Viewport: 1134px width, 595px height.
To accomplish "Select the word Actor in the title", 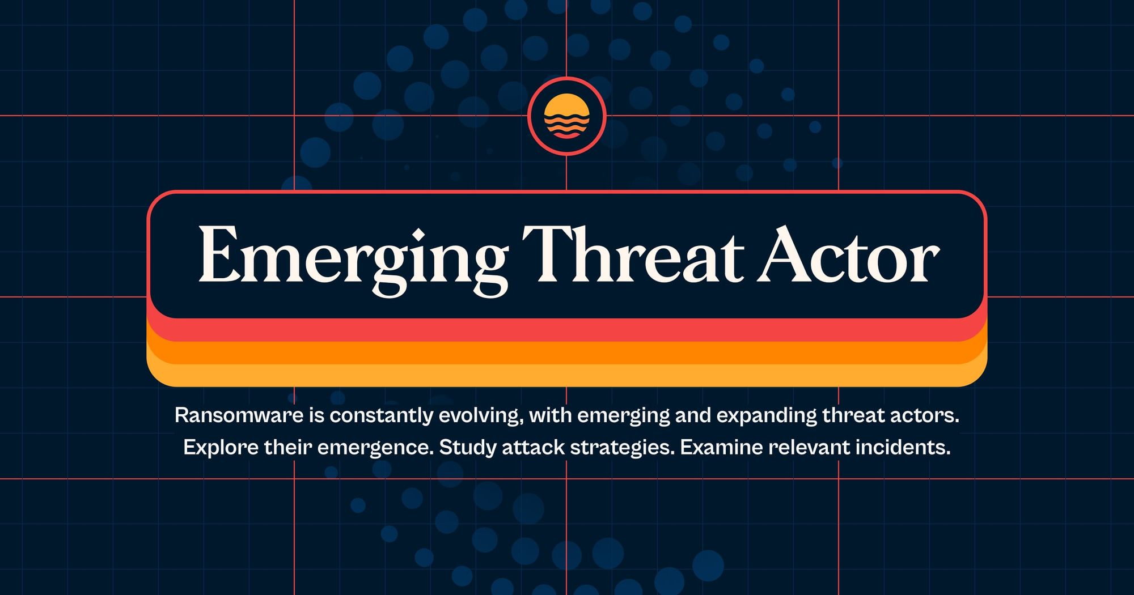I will (848, 256).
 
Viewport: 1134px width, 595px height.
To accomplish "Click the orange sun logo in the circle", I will (566, 116).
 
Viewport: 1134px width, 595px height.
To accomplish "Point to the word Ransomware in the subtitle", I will (239, 415).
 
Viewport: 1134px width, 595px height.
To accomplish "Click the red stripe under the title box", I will (567, 330).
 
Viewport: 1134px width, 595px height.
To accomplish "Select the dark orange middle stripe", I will (567, 353).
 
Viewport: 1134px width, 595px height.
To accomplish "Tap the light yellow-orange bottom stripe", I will (567, 376).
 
